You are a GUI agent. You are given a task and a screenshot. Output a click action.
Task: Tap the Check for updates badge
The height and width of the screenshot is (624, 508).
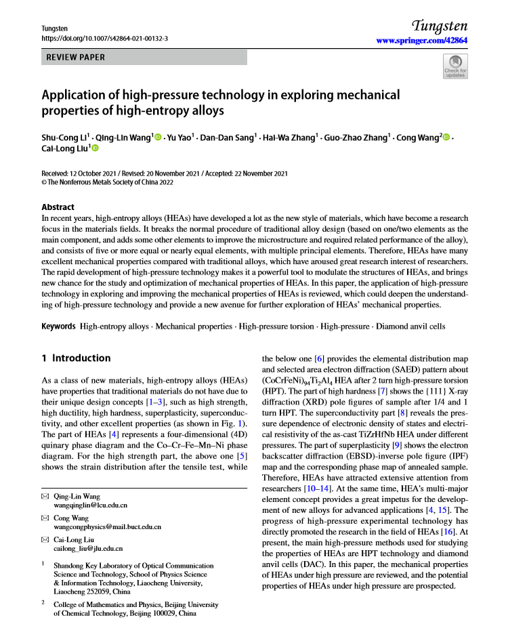454,68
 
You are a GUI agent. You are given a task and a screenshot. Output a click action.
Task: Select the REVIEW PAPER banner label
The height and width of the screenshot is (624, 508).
76,58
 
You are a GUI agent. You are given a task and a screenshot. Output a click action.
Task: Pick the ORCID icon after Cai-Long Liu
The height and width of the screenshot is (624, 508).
96,148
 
